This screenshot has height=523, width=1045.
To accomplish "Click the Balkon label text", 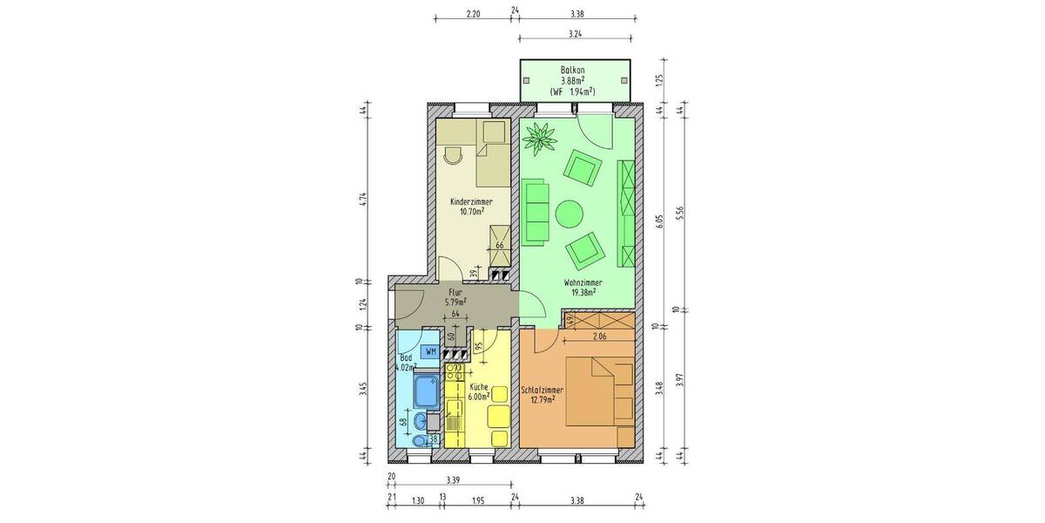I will click(x=572, y=70).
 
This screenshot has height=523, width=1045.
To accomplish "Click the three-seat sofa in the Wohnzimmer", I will click(x=535, y=209).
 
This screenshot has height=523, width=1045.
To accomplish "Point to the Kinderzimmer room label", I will click(x=466, y=200).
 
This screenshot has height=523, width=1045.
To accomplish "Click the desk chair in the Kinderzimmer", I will click(x=452, y=155).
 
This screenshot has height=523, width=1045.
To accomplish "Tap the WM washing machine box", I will click(x=429, y=351).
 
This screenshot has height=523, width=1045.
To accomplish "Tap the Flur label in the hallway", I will click(x=454, y=293).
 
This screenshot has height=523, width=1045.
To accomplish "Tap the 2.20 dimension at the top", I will click(x=473, y=15).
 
